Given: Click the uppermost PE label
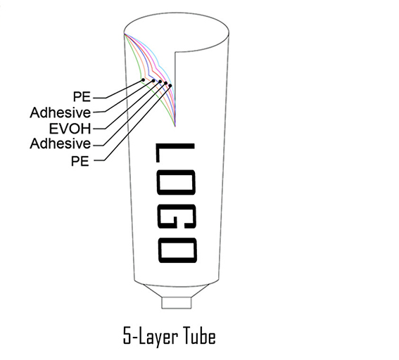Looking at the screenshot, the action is coord(82,96).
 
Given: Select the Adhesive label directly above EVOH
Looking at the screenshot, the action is coord(61,112).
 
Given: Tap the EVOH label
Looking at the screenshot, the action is coord(70,129).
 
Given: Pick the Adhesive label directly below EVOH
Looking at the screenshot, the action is coord(61,143).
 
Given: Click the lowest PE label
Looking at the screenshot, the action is coord(80,161).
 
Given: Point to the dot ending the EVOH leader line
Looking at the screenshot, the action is coord(160,82).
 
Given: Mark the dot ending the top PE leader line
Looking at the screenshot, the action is coord(143,80).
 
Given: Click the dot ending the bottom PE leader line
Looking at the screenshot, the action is coord(170,85).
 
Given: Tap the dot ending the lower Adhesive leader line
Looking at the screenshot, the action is coord(165,83).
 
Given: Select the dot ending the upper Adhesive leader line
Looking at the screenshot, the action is coord(153,81).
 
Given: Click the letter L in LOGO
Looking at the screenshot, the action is coord(175,153).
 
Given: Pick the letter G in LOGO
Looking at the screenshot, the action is coord(177,213).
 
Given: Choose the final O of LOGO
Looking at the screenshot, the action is coord(177,250).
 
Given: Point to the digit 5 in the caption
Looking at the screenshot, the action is coord(127,335).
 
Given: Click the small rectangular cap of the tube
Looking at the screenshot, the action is coord(177,303).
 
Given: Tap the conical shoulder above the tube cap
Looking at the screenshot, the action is coord(177,291).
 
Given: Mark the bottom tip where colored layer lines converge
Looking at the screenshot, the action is coord(175,127).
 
